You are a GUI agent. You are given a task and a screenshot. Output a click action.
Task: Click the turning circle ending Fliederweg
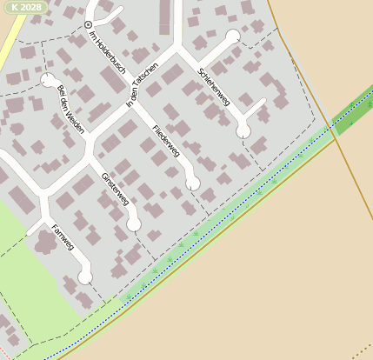click(x=193, y=183)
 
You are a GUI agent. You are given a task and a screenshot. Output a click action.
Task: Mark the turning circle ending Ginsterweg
click(x=133, y=224)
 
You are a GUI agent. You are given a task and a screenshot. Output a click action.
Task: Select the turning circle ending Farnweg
click(x=84, y=277)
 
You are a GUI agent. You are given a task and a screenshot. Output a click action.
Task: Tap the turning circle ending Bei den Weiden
click(x=46, y=80)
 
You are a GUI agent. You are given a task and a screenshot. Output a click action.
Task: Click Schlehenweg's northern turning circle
click(x=232, y=37)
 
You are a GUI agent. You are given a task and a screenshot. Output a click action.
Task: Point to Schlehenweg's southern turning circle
click(x=243, y=131)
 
